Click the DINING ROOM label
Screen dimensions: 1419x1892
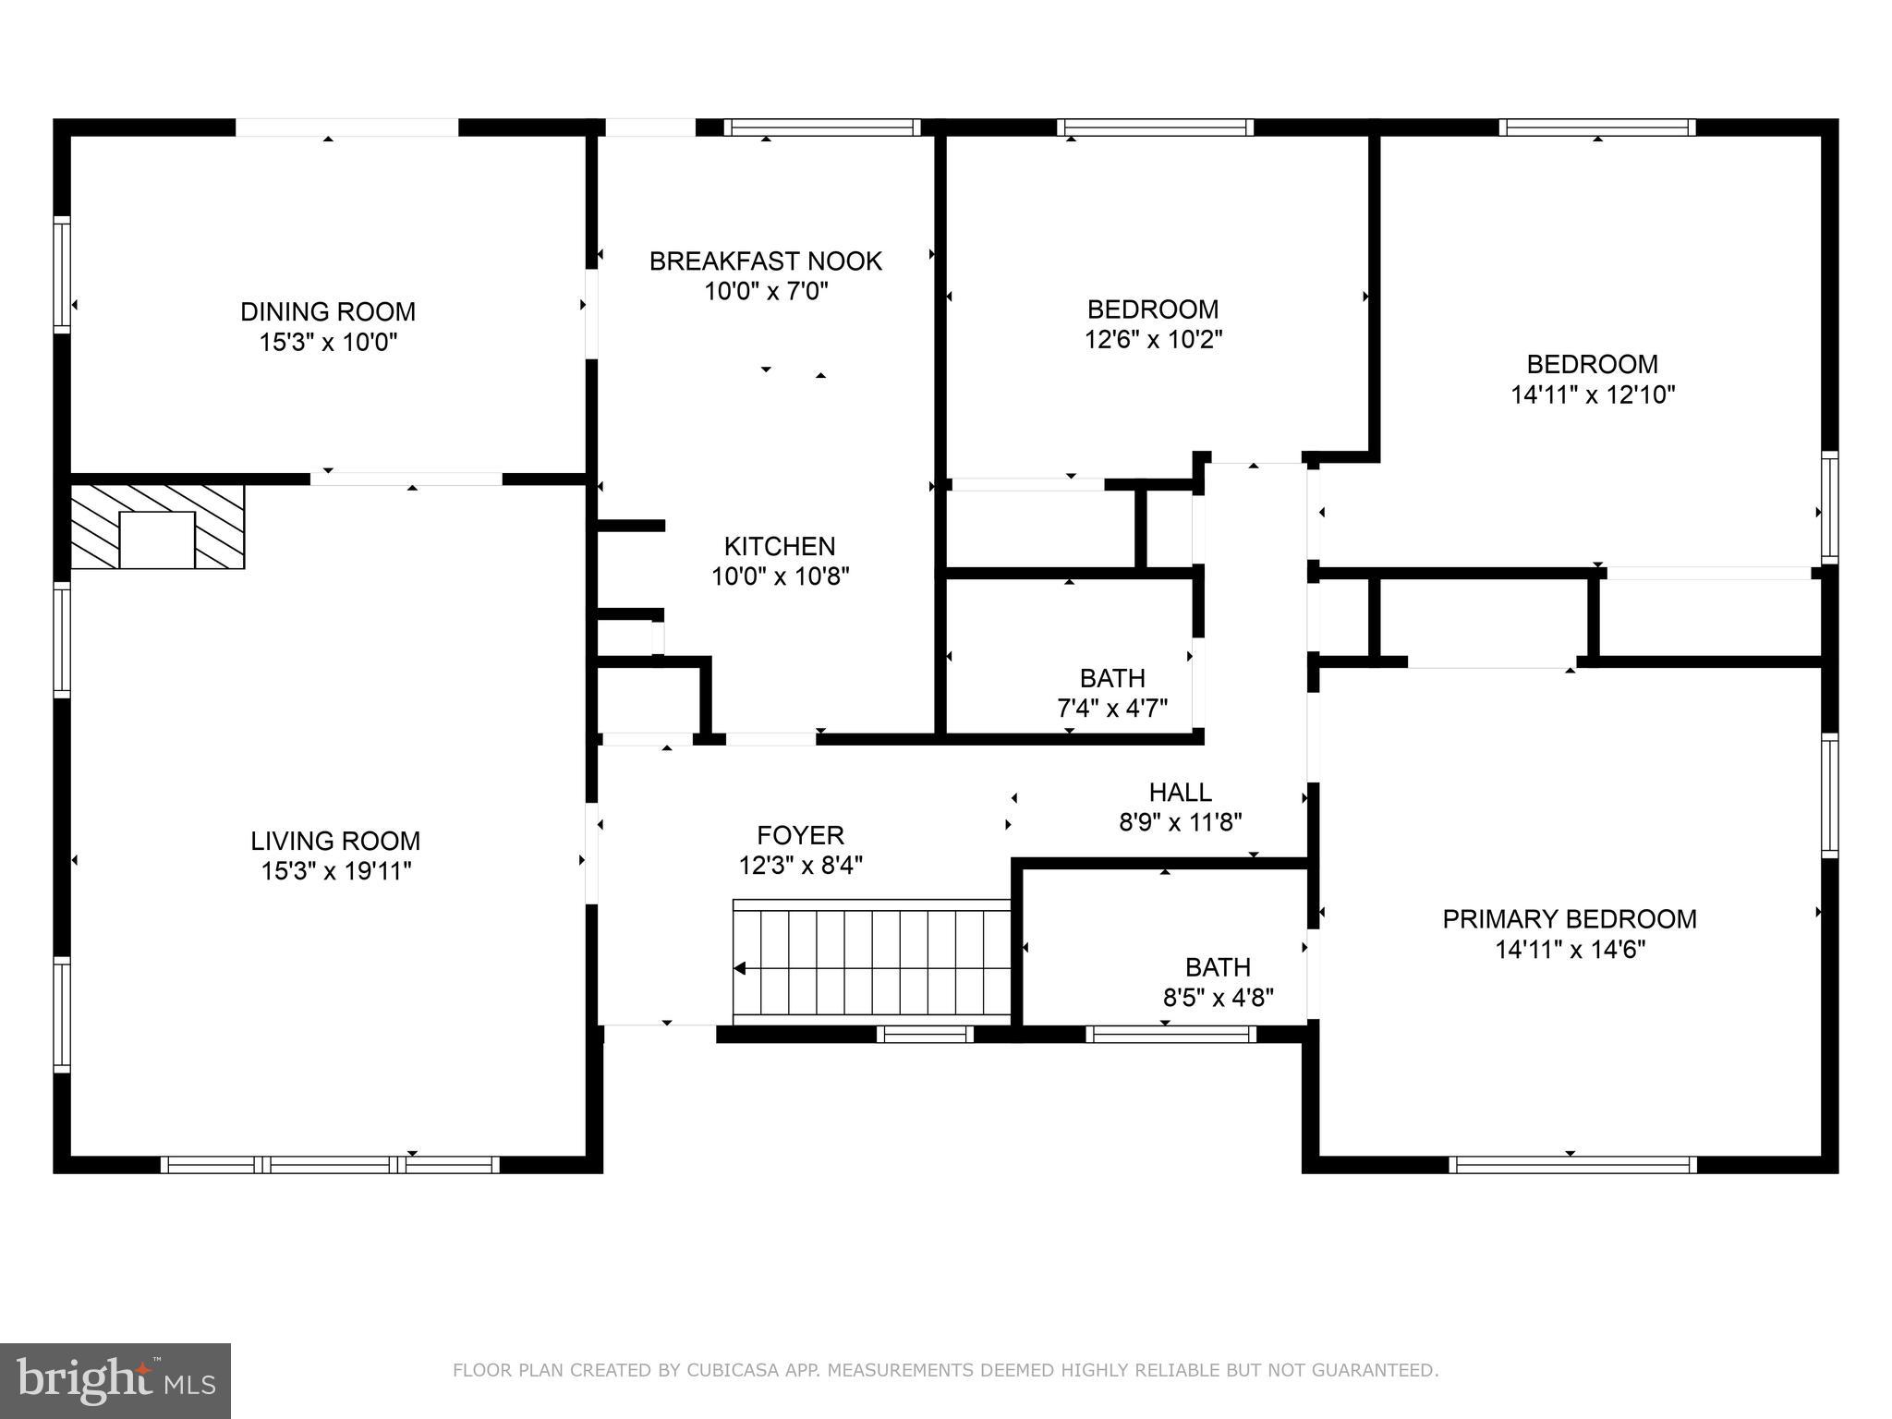328,311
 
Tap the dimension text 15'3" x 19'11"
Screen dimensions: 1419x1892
335,871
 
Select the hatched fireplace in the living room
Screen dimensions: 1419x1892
158,526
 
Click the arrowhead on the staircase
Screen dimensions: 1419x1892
740,968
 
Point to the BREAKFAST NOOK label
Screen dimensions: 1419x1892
765,261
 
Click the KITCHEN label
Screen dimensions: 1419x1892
780,546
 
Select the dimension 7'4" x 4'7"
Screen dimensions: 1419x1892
1112,709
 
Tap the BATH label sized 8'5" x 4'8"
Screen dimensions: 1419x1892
1218,967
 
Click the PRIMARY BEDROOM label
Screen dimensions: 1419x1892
1570,919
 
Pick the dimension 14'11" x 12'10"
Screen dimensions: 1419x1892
1593,395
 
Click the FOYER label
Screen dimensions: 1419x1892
800,835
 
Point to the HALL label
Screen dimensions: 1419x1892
1180,792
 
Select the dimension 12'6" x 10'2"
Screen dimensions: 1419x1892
1153,340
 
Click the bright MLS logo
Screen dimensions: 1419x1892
115,1380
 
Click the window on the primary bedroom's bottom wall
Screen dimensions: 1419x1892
1572,1164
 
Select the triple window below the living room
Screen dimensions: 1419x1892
330,1164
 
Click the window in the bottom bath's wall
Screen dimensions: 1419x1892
1170,1034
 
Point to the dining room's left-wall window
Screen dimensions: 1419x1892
62,274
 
